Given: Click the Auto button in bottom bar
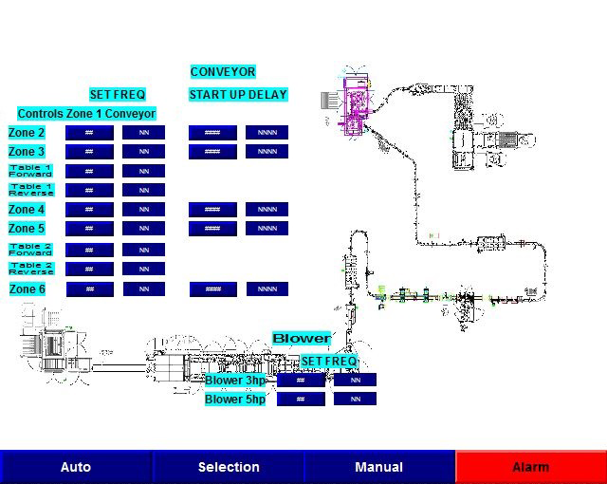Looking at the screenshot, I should click(76, 467).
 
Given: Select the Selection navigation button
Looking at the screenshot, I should click(229, 467).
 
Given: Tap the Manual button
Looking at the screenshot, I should click(378, 467).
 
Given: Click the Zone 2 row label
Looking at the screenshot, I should click(27, 133).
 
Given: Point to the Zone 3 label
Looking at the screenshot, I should click(27, 152).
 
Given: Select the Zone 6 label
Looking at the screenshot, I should click(28, 289).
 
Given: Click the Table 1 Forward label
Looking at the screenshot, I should click(31, 171).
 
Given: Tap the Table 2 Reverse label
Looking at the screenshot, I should click(31, 270).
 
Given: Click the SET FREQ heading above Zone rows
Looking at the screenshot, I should click(118, 95).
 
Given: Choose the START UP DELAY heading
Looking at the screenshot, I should click(238, 95).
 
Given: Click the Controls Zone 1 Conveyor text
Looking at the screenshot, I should click(86, 114).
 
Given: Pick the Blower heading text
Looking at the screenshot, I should click(302, 339).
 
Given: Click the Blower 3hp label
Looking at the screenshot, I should click(235, 381).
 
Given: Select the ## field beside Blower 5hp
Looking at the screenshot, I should click(301, 400).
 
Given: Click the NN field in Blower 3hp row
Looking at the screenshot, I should click(356, 381).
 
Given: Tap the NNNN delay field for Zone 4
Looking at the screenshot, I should click(267, 210).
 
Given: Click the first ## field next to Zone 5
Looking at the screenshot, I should click(89, 229).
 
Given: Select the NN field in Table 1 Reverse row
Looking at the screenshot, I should click(144, 191).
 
